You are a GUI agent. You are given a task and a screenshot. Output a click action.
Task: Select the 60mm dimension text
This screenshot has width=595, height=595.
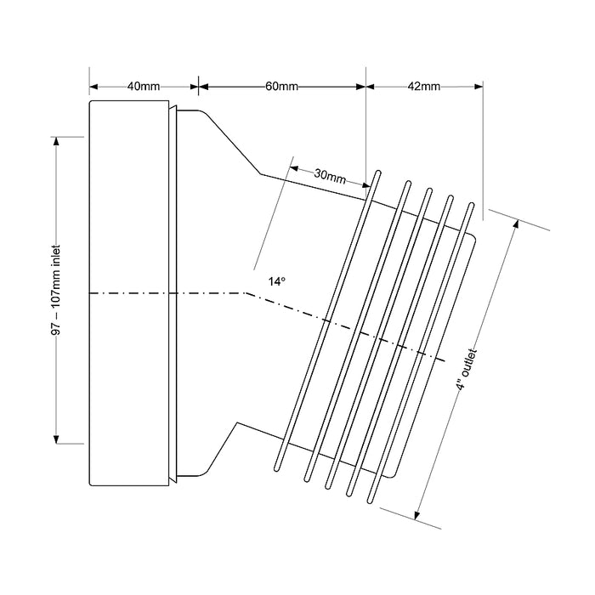point(281,87)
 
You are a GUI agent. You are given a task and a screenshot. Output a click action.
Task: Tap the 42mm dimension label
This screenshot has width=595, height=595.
point(424,87)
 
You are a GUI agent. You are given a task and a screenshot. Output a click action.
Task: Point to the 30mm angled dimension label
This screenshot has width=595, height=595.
point(330,177)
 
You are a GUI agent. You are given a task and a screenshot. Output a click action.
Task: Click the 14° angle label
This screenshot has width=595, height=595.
point(277,281)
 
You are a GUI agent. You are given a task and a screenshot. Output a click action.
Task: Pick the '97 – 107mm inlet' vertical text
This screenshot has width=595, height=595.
point(56,291)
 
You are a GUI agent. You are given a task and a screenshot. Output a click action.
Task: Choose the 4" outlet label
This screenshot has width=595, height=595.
point(467,369)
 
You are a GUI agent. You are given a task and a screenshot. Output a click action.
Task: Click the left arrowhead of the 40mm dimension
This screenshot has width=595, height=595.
point(93,87)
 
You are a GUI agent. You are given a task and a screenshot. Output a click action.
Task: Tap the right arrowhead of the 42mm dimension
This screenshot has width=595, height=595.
point(479,87)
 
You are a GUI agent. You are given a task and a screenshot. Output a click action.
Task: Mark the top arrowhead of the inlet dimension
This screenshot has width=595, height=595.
point(56,141)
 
